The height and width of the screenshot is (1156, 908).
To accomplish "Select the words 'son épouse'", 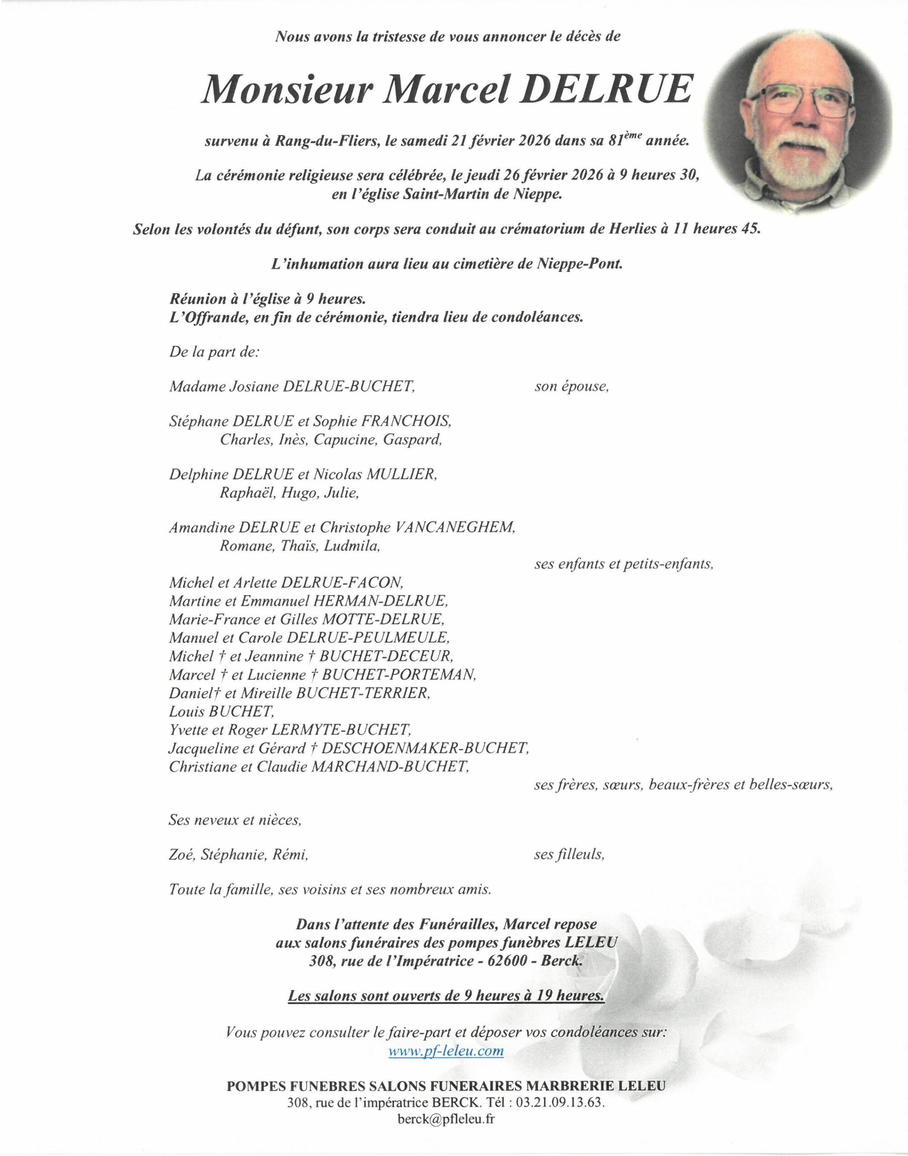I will point(571,387).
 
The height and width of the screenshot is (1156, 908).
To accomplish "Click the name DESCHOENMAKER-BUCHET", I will point(425,749).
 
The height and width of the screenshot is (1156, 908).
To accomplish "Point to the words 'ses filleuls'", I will point(569,855).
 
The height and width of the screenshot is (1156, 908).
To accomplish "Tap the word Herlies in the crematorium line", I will point(623,230).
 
